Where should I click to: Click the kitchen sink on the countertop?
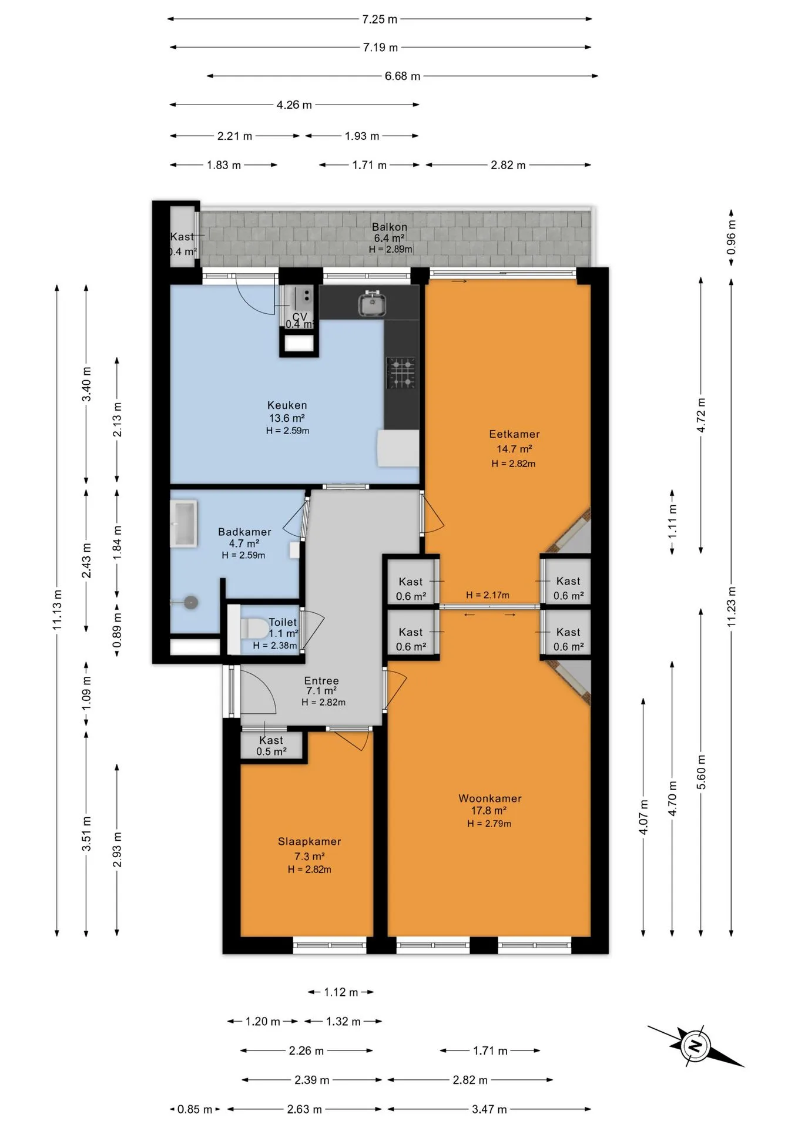point(372,303)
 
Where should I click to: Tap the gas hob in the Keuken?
point(401,373)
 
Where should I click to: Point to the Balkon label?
point(389,227)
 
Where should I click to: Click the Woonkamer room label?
point(490,798)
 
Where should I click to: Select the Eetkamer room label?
point(514,434)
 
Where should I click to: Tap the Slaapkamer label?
point(309,841)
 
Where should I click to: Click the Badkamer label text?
point(244,532)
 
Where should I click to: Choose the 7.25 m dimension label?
point(380,19)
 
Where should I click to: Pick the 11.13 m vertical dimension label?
point(57,610)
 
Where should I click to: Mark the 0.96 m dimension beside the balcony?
point(731,237)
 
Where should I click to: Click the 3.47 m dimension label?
point(489,1110)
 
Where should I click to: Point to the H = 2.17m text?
point(488,595)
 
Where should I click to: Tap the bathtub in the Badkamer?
point(183,523)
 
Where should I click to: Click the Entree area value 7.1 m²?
point(321,691)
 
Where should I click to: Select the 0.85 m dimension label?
point(195,1110)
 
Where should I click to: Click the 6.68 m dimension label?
point(403,76)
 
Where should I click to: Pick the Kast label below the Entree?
point(271,740)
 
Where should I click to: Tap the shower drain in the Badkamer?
point(190,602)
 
